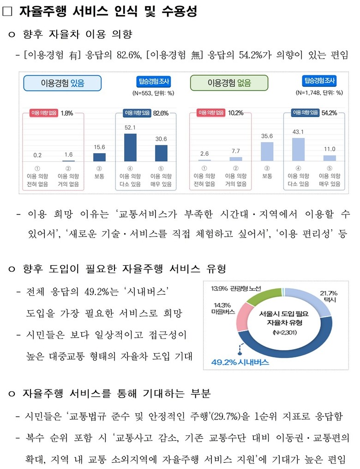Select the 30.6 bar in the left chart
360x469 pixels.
point(161,153)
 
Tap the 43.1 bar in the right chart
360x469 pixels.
point(299,149)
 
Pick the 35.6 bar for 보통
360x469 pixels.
point(267,151)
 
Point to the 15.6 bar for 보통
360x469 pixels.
point(99,157)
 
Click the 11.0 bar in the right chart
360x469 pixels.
point(330,158)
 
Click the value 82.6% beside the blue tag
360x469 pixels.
point(161,113)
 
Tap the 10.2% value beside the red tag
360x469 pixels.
point(236,113)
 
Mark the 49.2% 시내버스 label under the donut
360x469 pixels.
point(240,362)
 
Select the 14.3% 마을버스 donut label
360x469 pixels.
point(221,308)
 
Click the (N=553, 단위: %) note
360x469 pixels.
point(153,93)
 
